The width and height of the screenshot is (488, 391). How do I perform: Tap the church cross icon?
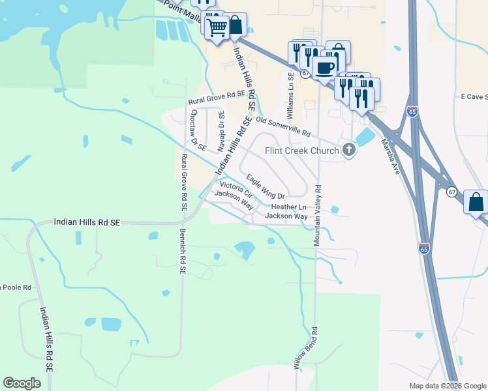coord(349,151)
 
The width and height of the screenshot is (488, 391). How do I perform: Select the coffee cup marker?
coord(324,66)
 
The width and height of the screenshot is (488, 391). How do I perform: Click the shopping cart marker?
coord(216,28)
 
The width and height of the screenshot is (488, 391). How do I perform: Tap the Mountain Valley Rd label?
coord(318,214)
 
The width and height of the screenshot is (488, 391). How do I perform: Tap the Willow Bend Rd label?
coord(306,349)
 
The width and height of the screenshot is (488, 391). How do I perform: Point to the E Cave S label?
coord(474,96)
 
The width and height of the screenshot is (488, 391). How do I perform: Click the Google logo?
coord(22,383)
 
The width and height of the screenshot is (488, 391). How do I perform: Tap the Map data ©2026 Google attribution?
coord(447,386)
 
